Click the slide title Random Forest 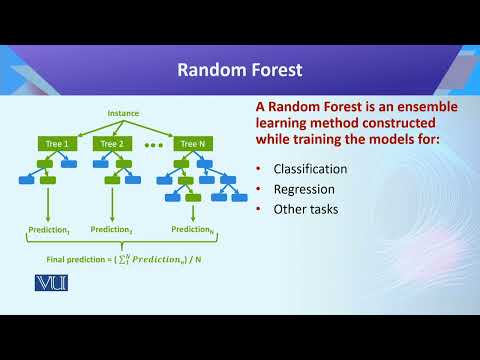239,70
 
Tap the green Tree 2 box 111,144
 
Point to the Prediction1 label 47,230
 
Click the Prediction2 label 112,230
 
